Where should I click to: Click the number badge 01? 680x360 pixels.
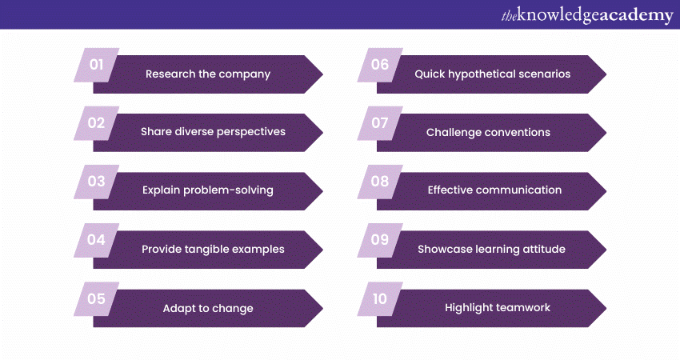point(96,65)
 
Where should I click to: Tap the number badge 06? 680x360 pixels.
point(380,65)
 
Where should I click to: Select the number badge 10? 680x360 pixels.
point(380,299)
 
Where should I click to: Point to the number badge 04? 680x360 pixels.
point(96,240)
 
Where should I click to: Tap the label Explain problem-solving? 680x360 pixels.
point(208,190)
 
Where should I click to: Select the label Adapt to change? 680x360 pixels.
point(208,308)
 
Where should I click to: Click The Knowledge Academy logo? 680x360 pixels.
point(587,16)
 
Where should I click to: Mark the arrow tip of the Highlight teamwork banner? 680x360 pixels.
point(606,308)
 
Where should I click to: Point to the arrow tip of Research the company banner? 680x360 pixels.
point(323,74)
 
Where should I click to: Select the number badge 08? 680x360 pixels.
point(380,182)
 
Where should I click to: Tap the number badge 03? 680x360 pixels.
point(96,182)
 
